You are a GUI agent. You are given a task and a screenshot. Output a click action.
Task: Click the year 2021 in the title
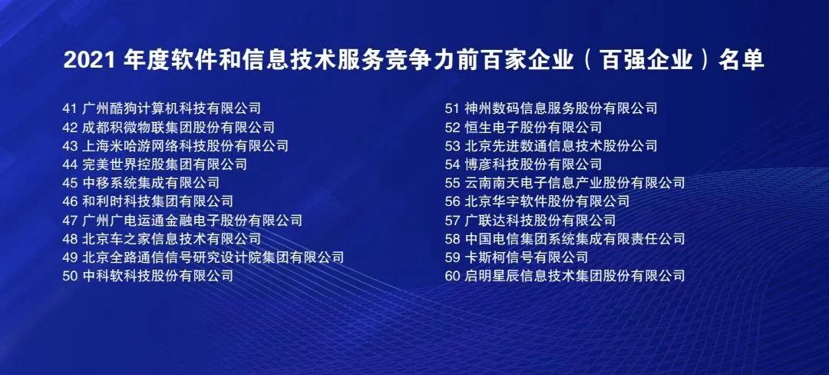pos(89,61)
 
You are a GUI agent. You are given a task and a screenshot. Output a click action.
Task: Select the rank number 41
pos(70,108)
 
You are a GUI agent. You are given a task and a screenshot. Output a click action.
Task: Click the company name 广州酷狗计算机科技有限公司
pos(172,108)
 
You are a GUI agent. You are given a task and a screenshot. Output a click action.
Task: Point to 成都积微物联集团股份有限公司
pos(179,127)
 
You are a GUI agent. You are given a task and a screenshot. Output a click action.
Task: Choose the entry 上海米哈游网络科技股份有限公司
pos(186,145)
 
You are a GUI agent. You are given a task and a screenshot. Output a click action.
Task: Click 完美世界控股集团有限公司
pos(165,164)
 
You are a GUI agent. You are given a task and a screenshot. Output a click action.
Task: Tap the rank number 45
pos(70,183)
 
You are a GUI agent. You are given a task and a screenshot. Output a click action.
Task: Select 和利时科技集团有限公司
pos(158,201)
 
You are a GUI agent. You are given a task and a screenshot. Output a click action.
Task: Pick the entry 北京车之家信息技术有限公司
pos(172,238)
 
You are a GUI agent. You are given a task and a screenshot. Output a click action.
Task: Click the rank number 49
pos(70,257)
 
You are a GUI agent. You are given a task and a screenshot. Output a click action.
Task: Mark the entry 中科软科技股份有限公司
pos(158,276)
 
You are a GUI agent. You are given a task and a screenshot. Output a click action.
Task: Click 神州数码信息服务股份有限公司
pos(561,108)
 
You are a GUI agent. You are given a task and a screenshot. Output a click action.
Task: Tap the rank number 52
pos(453,128)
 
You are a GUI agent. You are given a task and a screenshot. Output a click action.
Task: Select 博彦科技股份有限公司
pos(533,164)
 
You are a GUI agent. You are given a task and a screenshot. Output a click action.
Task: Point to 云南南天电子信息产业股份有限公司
pos(575,183)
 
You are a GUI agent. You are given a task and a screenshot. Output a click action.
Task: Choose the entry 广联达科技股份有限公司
pos(540,220)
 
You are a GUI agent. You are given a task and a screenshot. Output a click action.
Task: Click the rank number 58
pos(453,239)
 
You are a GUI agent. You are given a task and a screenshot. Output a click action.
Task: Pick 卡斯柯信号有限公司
pos(527,257)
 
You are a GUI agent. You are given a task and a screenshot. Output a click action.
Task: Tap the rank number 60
pos(453,276)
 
